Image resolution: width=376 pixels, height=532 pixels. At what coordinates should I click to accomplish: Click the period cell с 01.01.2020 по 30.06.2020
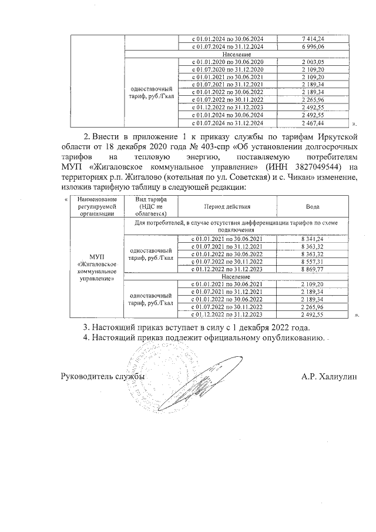point(227,62)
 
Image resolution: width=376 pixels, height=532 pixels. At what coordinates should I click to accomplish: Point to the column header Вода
point(313,208)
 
